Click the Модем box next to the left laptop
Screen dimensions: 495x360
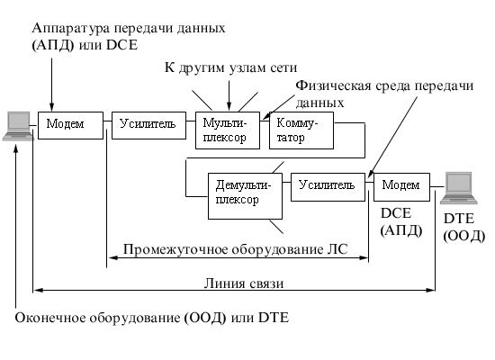tap(71, 125)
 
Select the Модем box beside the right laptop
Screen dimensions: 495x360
tap(402, 187)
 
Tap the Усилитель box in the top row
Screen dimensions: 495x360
tap(149, 125)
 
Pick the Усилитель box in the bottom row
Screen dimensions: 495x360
tap(328, 187)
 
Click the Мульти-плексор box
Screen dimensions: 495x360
tap(228, 130)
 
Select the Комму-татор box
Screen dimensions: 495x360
tap(301, 130)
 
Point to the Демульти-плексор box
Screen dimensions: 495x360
tap(246, 196)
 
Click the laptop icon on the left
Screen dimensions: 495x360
tap(18, 126)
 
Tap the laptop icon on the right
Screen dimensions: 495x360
tap(459, 188)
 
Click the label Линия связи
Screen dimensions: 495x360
tap(244, 283)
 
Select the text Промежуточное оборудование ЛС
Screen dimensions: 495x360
tap(236, 249)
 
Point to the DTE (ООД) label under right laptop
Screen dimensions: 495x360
tap(463, 227)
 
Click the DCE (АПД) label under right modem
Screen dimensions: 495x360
tap(401, 222)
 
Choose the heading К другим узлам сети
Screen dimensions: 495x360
tap(230, 67)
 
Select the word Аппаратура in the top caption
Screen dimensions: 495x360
tap(71, 28)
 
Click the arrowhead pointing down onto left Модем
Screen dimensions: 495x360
tap(52, 107)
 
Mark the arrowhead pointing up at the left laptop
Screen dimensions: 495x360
tap(16, 150)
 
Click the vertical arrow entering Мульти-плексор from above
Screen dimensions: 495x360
tap(229, 95)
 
